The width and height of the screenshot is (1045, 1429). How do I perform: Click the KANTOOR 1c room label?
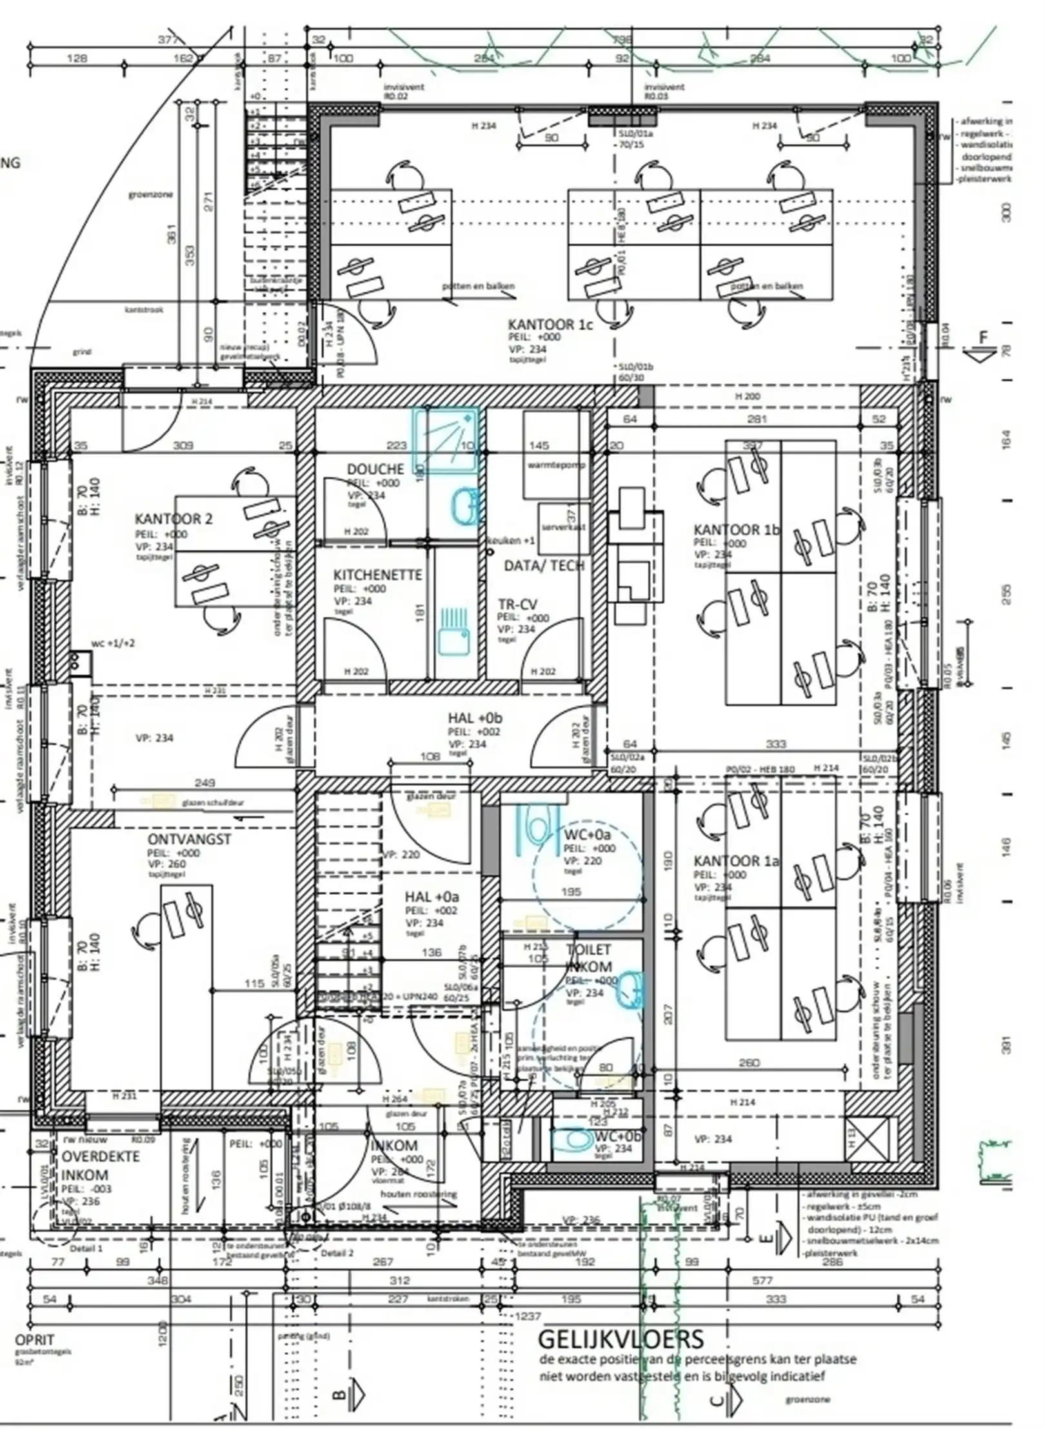tap(550, 325)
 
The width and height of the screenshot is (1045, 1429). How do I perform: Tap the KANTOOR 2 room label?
tap(173, 519)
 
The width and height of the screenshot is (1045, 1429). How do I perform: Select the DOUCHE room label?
tap(375, 469)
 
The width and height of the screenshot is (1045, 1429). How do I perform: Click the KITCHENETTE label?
tap(377, 575)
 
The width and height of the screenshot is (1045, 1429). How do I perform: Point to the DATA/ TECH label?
tap(544, 566)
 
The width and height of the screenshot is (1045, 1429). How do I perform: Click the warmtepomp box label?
tap(556, 465)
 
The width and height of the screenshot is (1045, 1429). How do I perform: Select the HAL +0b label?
tap(475, 718)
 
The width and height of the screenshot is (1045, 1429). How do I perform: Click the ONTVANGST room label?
tap(189, 839)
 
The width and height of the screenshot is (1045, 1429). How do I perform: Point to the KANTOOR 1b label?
tap(737, 530)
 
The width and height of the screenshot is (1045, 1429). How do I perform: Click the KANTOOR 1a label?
tap(736, 861)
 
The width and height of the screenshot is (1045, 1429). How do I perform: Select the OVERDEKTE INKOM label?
tap(100, 1165)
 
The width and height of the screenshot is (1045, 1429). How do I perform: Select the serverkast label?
tap(562, 527)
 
